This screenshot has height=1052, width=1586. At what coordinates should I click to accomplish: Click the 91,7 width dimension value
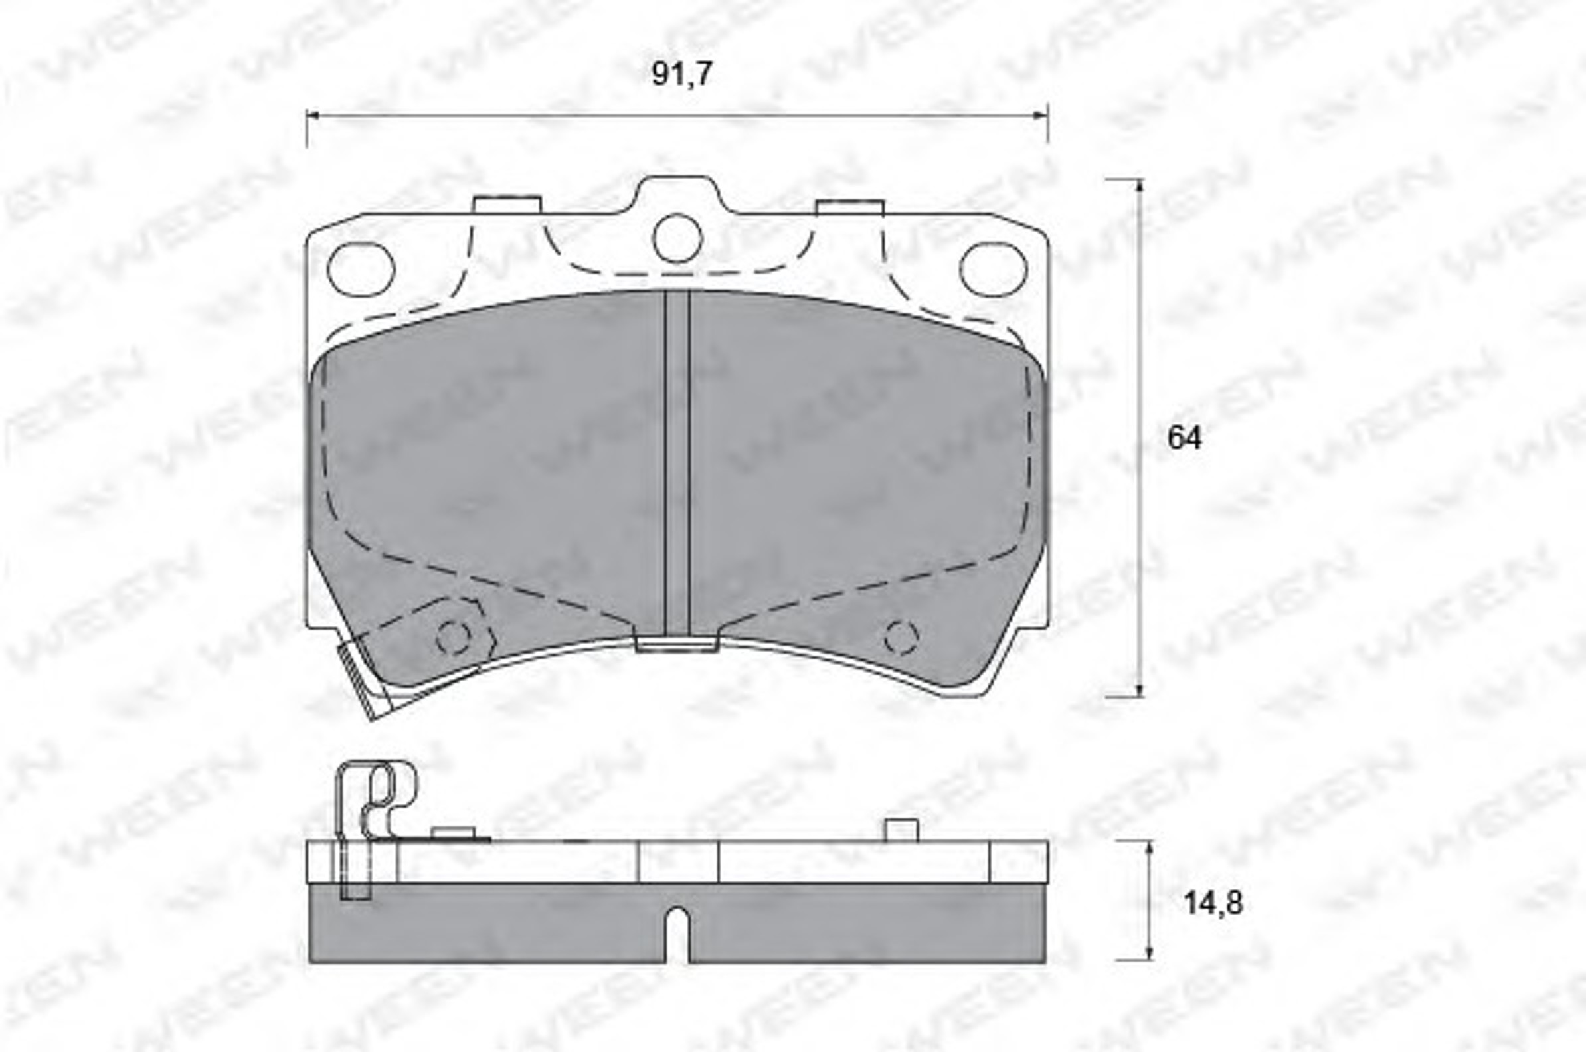pos(681,74)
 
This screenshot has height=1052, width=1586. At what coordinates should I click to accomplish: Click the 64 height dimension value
pos(1185,438)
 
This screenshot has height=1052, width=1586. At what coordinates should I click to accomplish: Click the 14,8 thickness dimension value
pos(1213,903)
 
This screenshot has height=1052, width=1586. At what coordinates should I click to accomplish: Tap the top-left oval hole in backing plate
pos(361,269)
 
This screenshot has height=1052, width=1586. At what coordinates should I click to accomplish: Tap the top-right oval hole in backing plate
pos(993,269)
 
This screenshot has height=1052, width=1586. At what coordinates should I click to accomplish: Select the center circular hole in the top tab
pos(677,238)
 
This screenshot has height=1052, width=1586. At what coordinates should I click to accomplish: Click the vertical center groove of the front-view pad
pos(677,463)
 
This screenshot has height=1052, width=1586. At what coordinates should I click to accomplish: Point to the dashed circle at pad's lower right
pos(901,638)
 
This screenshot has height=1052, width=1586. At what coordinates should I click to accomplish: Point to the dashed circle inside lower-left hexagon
pos(454,638)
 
